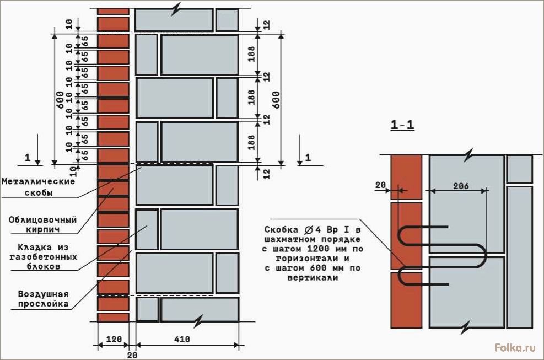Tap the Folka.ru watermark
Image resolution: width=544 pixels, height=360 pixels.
coord(515,347)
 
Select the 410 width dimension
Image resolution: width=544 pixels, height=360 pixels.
coord(181,339)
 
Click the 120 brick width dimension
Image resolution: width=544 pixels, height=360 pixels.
coord(114,339)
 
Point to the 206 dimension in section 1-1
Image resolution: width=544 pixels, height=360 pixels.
coord(461,186)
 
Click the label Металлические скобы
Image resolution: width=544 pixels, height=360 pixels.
coord(38,187)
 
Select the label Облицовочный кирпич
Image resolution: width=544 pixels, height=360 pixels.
coord(42,224)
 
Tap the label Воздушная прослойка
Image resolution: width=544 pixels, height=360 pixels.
coord(44,299)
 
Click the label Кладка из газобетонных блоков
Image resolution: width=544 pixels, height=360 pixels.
coord(44,257)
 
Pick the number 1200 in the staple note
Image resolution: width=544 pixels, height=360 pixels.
coord(319,249)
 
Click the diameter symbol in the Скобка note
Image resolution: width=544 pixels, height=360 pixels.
coord(309,229)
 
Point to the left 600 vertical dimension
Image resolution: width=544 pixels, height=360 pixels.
coord(60,99)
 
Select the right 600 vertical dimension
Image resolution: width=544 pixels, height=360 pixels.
coord(276,99)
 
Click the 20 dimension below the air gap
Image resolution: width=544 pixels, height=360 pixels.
coord(132,355)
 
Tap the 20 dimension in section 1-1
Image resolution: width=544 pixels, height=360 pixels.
coord(380,185)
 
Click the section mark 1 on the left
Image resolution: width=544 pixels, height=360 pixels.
coord(28,158)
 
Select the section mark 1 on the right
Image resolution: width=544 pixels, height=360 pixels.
coord(308,158)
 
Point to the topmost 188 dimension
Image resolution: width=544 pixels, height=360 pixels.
coord(251,54)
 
